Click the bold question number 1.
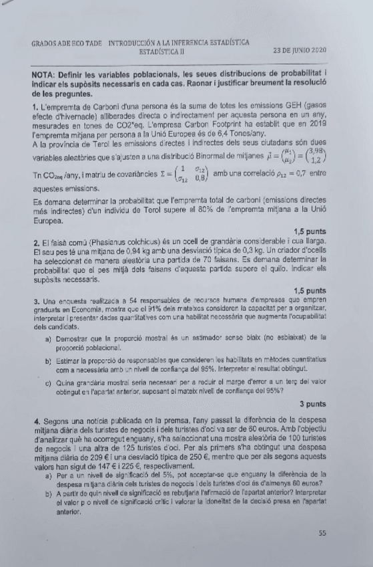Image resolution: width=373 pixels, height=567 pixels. click(35, 106)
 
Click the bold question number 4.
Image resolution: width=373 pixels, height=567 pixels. click(35, 424)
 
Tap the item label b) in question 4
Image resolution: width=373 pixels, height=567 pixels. click(49, 492)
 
